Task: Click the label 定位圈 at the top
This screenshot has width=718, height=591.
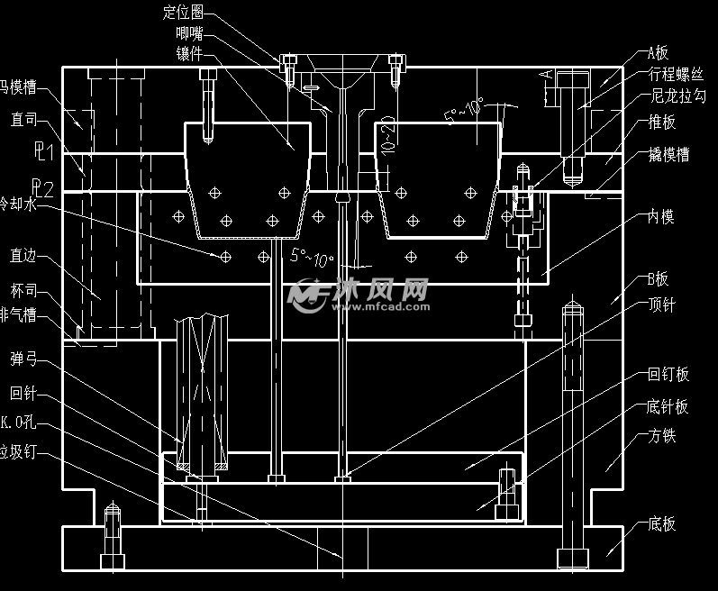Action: (184, 13)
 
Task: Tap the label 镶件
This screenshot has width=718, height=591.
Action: (189, 52)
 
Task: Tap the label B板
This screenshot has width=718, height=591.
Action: (658, 278)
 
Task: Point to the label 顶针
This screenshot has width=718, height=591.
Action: (661, 305)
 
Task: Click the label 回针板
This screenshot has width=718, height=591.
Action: (668, 375)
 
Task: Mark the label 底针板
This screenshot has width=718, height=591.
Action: (668, 407)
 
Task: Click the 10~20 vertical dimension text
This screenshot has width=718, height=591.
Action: (386, 132)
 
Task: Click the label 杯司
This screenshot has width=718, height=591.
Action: (23, 292)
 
